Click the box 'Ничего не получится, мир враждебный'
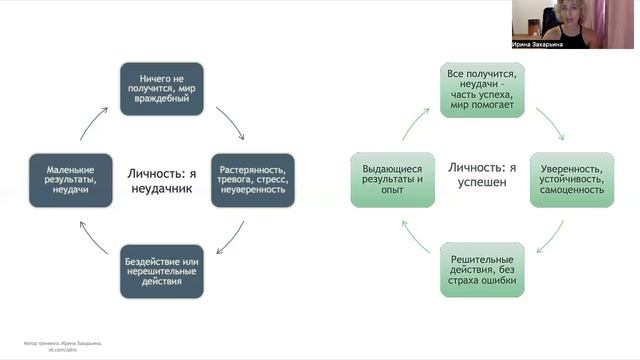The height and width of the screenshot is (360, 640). pyautogui.click(x=162, y=88)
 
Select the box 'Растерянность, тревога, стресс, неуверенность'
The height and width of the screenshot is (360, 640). pyautogui.click(x=253, y=179)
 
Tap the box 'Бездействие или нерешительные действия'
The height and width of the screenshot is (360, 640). pyautogui.click(x=162, y=271)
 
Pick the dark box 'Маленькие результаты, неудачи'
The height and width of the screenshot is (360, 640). pyautogui.click(x=71, y=179)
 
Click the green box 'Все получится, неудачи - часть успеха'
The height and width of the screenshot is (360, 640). pyautogui.click(x=483, y=88)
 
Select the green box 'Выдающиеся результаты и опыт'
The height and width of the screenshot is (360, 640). pyautogui.click(x=392, y=179)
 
